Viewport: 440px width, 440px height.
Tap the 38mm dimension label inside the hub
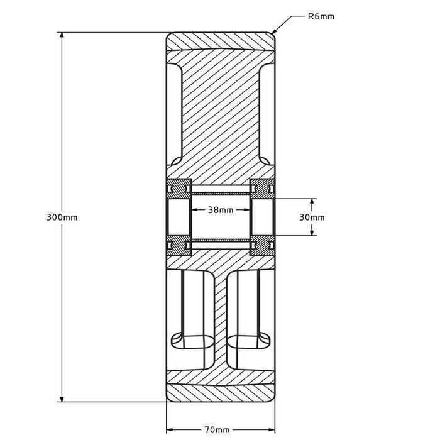(x=221, y=211)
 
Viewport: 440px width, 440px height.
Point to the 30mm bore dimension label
(x=312, y=217)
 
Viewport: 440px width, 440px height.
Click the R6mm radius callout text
(x=321, y=17)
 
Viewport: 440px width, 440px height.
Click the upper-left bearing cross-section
(x=179, y=187)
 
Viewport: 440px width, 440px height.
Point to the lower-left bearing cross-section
(x=179, y=246)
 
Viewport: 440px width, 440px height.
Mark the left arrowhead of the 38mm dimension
(x=192, y=211)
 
